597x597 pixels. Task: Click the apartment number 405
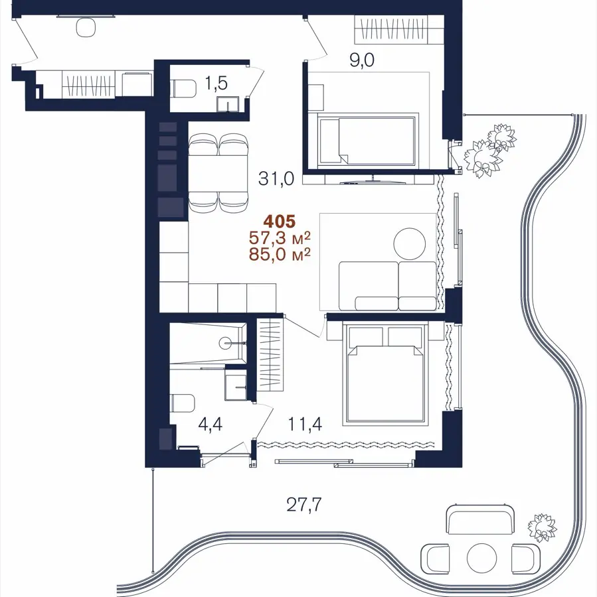click(280, 221)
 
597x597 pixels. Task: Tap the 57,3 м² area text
click(280, 237)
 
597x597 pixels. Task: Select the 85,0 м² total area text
click(280, 254)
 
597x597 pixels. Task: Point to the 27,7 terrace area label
click(304, 505)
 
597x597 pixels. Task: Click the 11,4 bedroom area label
click(305, 424)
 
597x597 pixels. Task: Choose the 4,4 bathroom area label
click(210, 424)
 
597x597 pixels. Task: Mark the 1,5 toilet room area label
click(216, 83)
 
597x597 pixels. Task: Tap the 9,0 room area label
click(362, 60)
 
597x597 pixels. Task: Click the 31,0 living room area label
click(276, 178)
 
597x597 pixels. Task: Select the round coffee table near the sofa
click(410, 243)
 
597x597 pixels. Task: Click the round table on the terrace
click(482, 558)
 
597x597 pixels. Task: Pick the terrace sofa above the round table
click(482, 519)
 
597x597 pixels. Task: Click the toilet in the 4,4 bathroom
click(182, 403)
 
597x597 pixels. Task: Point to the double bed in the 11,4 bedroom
click(385, 373)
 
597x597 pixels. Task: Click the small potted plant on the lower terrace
click(542, 527)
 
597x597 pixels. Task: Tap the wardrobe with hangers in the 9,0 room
click(399, 29)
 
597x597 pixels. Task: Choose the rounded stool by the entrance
click(86, 27)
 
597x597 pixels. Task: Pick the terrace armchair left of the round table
click(436, 558)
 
